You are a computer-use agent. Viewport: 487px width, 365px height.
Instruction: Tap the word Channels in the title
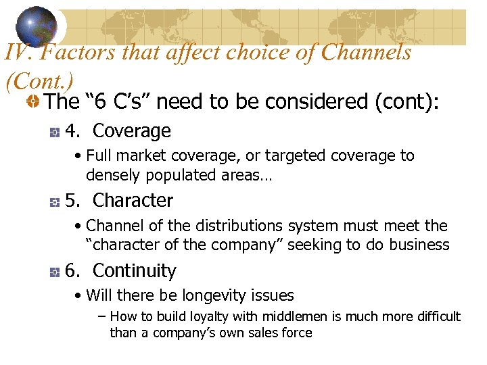[365, 52]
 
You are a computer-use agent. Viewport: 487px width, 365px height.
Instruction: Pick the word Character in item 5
[133, 201]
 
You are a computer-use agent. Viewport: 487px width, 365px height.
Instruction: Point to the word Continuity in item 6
[134, 271]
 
